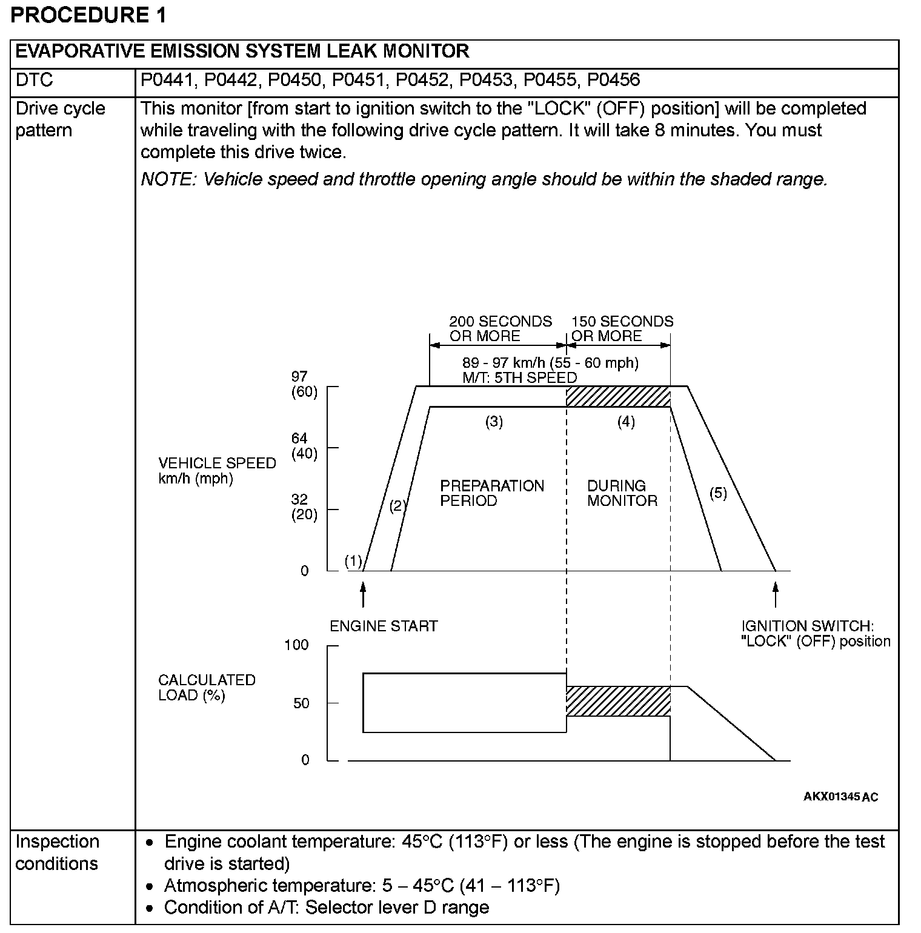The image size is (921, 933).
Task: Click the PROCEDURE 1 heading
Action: pos(88,15)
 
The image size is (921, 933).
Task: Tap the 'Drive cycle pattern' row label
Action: pos(60,119)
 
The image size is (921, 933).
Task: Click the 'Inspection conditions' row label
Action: pos(57,852)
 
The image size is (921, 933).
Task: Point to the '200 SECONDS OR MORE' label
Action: pos(500,328)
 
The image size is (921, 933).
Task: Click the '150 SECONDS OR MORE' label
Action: pos(622,328)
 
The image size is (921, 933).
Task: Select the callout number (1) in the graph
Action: pos(353,561)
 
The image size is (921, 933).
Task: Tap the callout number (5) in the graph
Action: pos(718,493)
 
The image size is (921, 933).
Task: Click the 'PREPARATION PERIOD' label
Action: pos(492,493)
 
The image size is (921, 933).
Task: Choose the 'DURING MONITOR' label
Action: pos(622,493)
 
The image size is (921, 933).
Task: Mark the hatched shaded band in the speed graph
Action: pos(618,397)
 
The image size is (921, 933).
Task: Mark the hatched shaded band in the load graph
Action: pos(618,702)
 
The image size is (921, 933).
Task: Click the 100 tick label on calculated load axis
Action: pos(296,645)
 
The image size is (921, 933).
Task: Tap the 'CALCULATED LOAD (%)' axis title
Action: pos(206,688)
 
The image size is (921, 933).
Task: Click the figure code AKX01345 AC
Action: pos(840,797)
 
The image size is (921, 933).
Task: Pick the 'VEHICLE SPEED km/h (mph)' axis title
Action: pos(216,471)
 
